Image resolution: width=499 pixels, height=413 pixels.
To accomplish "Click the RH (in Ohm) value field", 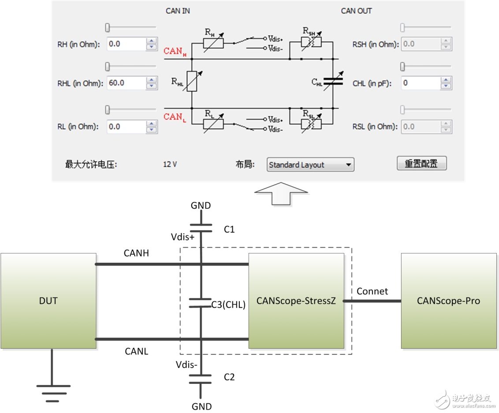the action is (127, 44).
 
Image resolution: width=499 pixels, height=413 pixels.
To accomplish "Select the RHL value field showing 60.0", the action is (127, 83).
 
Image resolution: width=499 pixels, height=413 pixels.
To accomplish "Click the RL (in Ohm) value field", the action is (127, 127).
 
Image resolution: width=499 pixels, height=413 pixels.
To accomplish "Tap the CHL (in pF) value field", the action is (421, 83).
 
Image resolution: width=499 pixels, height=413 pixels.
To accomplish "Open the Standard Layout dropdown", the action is (310, 164).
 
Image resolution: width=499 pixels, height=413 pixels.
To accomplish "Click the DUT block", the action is (48, 301).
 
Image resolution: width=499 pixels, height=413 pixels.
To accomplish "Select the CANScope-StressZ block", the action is (296, 301).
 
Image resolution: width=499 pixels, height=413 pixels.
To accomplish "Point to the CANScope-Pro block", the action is (449, 301).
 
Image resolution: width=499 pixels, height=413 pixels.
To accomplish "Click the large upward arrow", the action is (281, 194).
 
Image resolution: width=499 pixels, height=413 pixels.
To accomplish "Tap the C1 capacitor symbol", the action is (201, 228).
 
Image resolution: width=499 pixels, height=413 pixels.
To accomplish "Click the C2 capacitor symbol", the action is (200, 379).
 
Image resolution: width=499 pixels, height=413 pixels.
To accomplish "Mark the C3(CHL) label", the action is (228, 305).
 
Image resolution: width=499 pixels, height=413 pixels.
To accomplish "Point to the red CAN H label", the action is (175, 51).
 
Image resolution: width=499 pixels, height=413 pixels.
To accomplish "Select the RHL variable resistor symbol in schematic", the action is (192, 82).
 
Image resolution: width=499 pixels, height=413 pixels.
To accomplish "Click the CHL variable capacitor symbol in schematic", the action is (333, 82).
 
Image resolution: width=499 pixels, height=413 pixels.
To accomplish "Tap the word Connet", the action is (372, 291).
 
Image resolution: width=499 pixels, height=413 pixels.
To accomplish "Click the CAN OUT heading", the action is (356, 11).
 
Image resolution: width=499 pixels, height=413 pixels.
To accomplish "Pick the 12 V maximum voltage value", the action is (170, 164).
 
